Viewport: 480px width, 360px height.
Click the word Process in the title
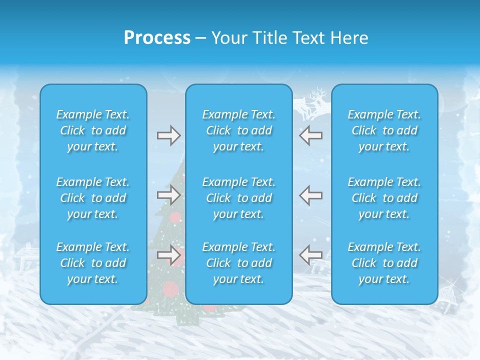click(x=157, y=38)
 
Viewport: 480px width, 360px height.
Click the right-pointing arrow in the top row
click(x=169, y=135)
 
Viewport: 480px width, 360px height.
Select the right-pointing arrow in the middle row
click(x=169, y=194)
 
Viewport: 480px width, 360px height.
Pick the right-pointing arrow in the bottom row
click(x=169, y=255)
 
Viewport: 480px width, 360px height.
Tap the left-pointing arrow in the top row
click(x=310, y=135)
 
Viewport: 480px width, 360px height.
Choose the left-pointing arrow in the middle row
click(x=310, y=194)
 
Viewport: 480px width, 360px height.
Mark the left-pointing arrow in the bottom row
click(x=310, y=255)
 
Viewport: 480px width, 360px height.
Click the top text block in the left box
click(x=93, y=130)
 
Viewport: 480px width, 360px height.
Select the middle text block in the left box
click(x=93, y=198)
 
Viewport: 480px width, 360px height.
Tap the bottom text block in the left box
click(x=93, y=263)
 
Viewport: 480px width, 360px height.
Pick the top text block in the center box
click(x=238, y=130)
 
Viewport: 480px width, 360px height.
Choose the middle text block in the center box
click(x=238, y=198)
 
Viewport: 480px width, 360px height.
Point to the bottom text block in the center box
click(x=238, y=263)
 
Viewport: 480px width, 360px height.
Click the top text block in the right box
click(x=384, y=130)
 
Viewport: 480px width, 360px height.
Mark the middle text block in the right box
click(x=384, y=198)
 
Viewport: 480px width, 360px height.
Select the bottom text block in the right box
click(x=384, y=263)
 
